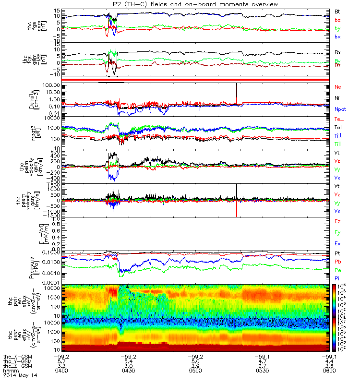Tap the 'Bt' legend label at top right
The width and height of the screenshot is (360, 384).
click(337, 11)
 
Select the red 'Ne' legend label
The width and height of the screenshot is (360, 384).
click(337, 87)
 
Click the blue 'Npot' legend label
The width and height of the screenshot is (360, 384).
click(339, 109)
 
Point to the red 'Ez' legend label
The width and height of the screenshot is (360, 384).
click(337, 221)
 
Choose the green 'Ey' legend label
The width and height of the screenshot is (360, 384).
click(337, 232)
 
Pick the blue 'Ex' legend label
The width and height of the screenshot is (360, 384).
click(337, 243)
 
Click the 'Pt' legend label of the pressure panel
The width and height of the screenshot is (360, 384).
click(337, 253)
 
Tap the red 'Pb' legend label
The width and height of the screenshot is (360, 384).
click(337, 262)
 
